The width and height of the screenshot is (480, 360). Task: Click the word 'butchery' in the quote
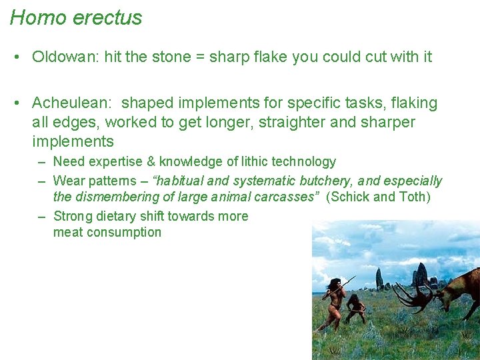[x=331, y=181]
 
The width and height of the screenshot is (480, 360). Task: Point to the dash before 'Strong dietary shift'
[x=41, y=216]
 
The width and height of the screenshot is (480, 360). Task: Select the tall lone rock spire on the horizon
[x=379, y=278]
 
